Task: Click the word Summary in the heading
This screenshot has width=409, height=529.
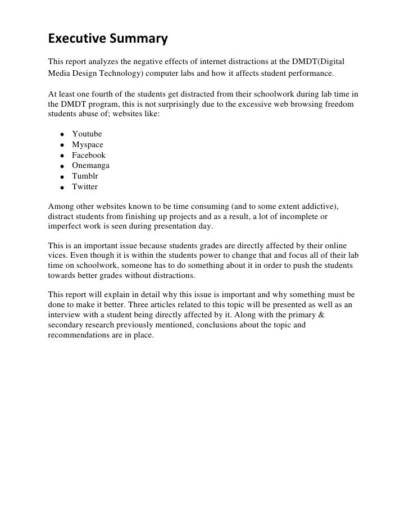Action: pyautogui.click(x=139, y=39)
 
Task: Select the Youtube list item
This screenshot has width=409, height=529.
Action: pyautogui.click(x=87, y=134)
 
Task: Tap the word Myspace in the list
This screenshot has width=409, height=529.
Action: pyautogui.click(x=88, y=145)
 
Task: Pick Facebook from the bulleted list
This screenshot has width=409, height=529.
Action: pyautogui.click(x=88, y=155)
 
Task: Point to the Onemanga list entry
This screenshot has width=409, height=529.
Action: pyautogui.click(x=90, y=166)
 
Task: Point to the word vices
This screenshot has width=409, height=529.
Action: pyautogui.click(x=58, y=256)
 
